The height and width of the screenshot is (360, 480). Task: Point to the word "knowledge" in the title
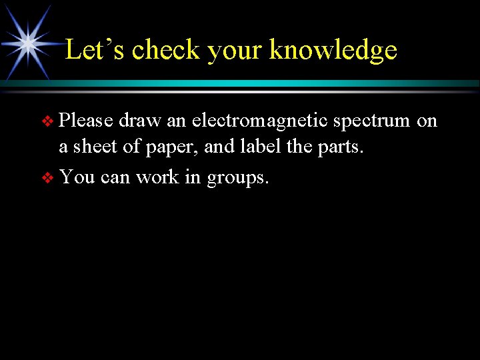(333, 50)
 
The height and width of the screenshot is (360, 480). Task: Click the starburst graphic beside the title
(27, 41)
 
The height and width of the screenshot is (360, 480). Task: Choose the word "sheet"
(93, 147)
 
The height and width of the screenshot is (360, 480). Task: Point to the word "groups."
(238, 178)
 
